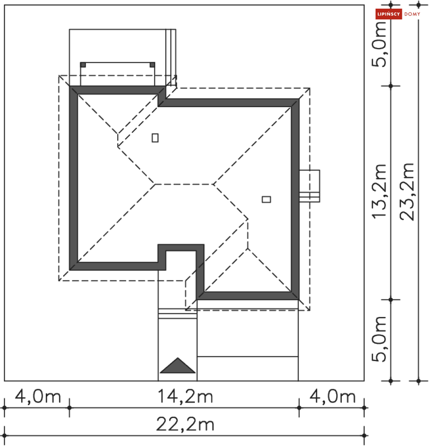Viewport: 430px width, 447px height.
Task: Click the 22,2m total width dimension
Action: click(185, 425)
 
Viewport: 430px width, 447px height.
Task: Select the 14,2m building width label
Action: click(185, 396)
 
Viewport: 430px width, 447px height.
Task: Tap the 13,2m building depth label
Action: click(379, 192)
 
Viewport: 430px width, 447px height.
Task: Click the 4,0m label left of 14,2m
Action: click(38, 396)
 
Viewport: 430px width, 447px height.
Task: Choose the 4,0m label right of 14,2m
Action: click(333, 396)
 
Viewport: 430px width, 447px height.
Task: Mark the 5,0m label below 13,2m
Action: click(379, 339)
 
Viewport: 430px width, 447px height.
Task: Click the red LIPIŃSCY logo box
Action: click(389, 14)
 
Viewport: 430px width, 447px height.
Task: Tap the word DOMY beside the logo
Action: click(412, 14)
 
